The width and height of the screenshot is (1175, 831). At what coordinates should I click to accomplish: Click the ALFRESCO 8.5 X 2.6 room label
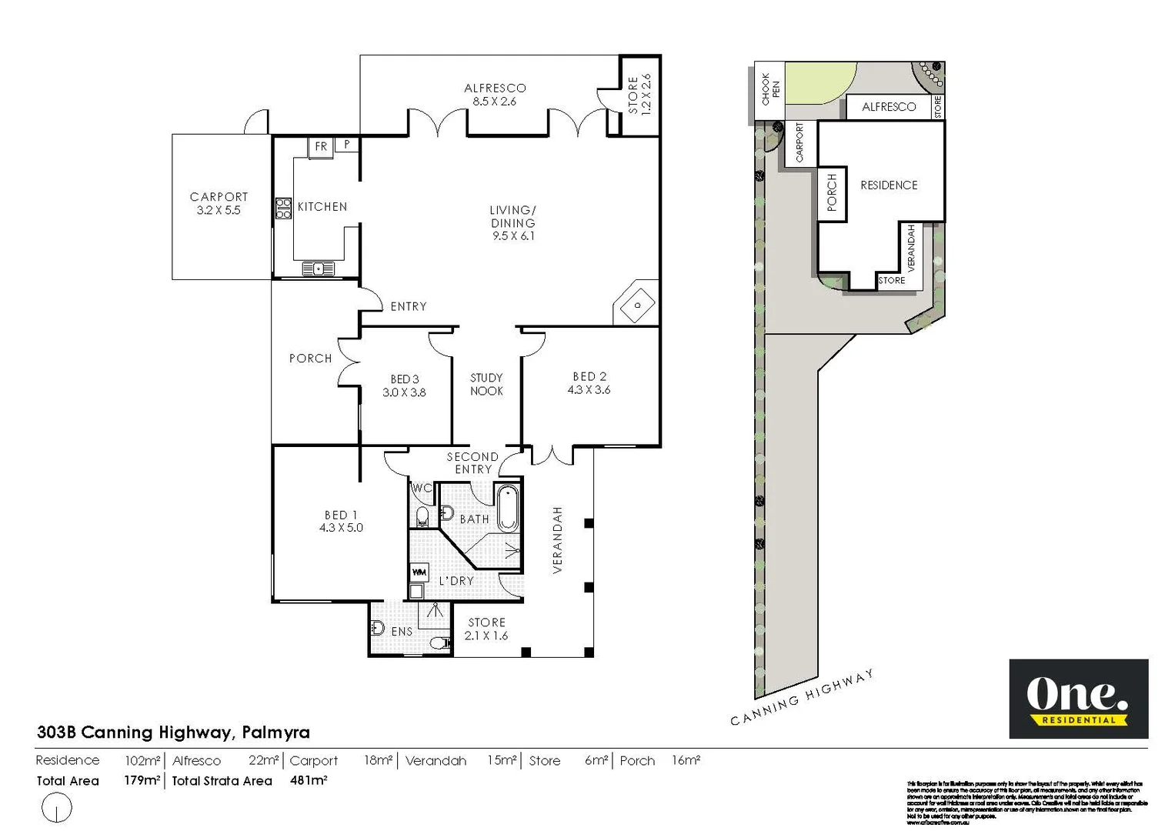[x=495, y=95]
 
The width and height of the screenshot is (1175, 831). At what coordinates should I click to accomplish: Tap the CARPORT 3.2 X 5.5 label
[x=219, y=203]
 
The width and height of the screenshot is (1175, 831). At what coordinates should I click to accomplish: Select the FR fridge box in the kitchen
[x=321, y=146]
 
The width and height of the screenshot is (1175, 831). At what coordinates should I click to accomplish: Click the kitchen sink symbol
[x=318, y=269]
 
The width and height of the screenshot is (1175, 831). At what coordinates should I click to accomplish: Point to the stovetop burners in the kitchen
[x=283, y=209]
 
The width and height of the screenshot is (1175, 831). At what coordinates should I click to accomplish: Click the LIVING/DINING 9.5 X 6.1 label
[x=513, y=222]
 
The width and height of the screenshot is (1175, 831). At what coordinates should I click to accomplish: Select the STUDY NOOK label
[x=486, y=384]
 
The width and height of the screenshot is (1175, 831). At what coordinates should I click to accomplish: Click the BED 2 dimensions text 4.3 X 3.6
[x=589, y=390]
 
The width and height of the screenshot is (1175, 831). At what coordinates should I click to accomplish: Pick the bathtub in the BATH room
[x=508, y=508]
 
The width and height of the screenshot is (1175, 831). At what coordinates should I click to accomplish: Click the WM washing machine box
[x=419, y=572]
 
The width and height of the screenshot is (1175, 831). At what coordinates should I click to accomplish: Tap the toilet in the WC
[x=422, y=516]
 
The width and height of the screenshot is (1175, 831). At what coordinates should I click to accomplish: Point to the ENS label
[x=402, y=632]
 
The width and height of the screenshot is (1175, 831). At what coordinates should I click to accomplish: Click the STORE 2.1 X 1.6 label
[x=486, y=629]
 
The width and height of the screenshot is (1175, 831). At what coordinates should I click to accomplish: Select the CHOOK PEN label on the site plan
[x=769, y=89]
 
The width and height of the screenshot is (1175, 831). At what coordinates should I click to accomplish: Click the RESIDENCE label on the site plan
[x=889, y=185]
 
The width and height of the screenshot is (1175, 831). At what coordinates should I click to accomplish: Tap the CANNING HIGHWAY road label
[x=801, y=698]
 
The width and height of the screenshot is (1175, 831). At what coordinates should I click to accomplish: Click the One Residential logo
[x=1078, y=699]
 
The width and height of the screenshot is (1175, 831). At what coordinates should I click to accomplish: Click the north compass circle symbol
[x=56, y=808]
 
